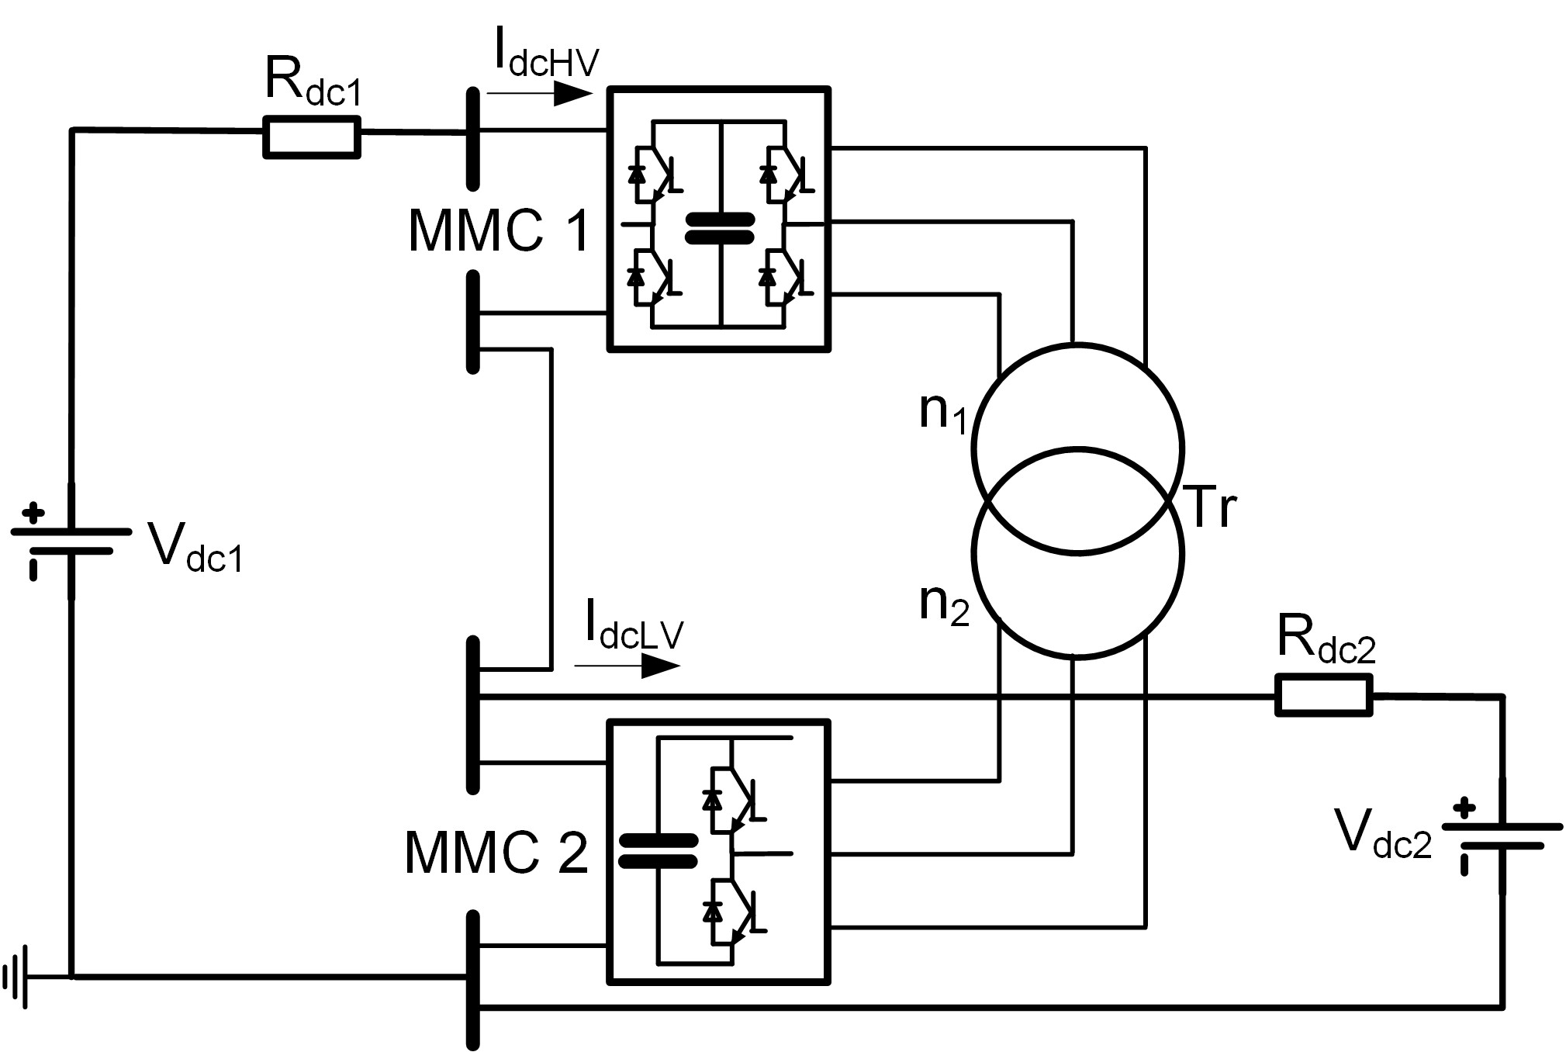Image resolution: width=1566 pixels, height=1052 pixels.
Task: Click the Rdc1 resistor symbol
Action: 312,137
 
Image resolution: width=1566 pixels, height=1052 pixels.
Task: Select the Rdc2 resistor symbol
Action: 1323,694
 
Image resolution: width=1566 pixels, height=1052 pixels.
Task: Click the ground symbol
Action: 17,976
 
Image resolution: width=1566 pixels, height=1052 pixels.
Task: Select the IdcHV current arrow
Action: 540,95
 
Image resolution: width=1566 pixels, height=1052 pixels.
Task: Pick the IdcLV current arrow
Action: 627,666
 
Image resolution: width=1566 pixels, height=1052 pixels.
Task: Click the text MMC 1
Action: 499,230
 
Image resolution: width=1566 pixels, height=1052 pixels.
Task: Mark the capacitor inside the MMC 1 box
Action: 720,230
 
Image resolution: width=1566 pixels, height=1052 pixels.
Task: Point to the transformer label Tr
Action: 1212,508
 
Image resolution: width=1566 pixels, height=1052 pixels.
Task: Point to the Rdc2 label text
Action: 1326,640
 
